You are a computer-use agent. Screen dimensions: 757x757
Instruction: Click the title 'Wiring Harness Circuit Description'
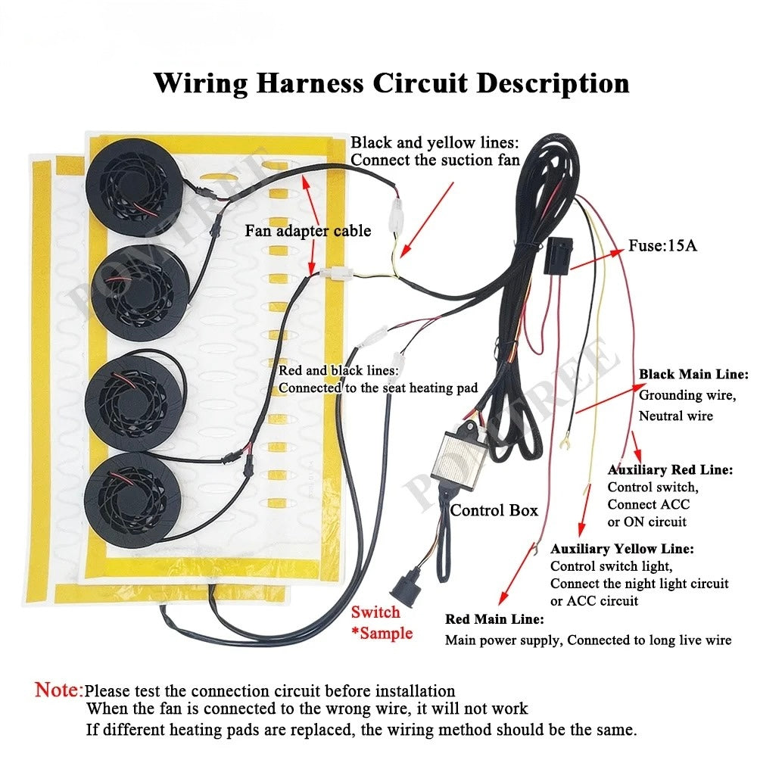click(x=391, y=83)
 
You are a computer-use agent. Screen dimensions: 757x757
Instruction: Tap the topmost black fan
click(x=135, y=187)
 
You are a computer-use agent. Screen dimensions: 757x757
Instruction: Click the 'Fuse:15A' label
click(x=662, y=246)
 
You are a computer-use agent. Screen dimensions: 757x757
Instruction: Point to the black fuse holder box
click(x=559, y=257)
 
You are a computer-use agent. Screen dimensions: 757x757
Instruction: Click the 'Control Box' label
click(x=494, y=510)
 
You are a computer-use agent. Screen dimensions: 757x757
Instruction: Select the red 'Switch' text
click(x=375, y=612)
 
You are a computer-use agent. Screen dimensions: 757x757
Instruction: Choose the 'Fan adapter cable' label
click(x=308, y=231)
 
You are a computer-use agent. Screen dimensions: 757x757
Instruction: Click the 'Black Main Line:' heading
click(x=693, y=374)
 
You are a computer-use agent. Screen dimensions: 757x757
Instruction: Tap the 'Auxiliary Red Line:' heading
click(x=670, y=470)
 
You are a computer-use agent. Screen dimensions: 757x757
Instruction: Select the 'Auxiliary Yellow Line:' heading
click(x=622, y=549)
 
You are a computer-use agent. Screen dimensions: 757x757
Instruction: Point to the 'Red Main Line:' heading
click(x=494, y=619)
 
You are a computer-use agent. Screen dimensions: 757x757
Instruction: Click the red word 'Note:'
click(x=59, y=690)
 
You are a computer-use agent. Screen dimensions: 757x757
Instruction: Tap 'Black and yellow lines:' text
click(x=435, y=142)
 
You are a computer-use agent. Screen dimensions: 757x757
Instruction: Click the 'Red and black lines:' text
click(x=339, y=370)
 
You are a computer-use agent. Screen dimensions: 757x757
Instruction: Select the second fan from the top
click(x=139, y=292)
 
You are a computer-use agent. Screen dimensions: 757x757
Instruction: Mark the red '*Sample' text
click(x=382, y=633)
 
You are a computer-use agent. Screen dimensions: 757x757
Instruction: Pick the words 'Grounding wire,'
click(x=687, y=395)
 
